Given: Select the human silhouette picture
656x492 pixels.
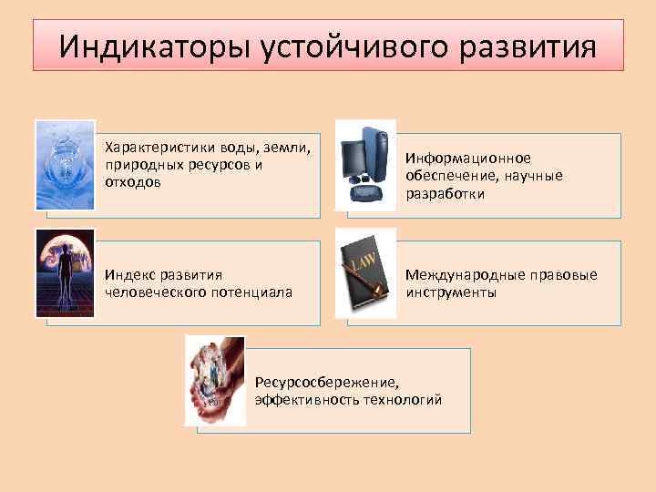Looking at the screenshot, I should [65, 272].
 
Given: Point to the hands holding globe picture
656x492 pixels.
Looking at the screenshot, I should [215, 380].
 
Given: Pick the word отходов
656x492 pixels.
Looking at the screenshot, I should [133, 182].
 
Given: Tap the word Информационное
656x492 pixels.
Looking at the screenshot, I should [468, 158].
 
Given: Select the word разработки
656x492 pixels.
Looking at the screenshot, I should [446, 194].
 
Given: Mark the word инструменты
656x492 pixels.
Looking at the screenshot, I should [451, 292].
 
